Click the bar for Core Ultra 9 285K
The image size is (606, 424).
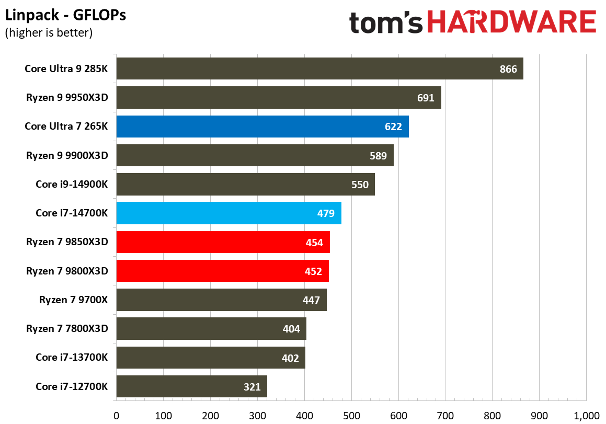(319, 68)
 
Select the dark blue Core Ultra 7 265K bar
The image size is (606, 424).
(262, 127)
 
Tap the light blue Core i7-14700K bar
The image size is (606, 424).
(228, 213)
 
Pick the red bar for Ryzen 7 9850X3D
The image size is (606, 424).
(223, 242)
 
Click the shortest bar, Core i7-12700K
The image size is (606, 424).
(191, 386)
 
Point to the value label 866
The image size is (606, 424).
(508, 69)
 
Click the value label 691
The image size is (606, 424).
(426, 98)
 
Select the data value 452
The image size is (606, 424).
(313, 271)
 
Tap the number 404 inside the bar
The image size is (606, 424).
(291, 329)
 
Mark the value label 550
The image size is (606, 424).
(360, 185)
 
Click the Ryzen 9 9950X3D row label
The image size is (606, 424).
(67, 97)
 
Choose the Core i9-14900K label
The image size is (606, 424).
(72, 184)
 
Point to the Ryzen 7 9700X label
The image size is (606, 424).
(73, 300)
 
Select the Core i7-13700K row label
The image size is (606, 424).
(72, 358)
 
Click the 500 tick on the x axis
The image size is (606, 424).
(351, 416)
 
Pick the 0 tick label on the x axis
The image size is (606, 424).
(116, 416)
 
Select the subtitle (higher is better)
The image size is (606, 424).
(49, 33)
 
